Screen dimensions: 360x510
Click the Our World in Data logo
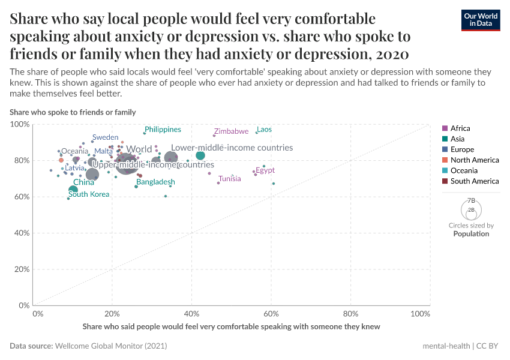(481, 20)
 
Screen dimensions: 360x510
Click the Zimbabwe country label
(231, 131)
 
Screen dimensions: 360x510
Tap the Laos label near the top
(264, 129)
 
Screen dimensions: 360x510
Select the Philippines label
(163, 129)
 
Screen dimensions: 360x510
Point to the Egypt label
(265, 170)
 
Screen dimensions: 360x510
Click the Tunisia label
(230, 178)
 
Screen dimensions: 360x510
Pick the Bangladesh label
(155, 182)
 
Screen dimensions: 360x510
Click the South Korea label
(89, 194)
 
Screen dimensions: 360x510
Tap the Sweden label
(105, 137)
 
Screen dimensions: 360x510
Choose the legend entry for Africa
(460, 128)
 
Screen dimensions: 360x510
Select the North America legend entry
(474, 160)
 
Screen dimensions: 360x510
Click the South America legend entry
(474, 181)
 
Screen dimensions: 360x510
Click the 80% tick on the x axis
(350, 313)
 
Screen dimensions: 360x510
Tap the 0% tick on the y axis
(23, 305)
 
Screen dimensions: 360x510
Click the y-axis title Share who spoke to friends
(73, 112)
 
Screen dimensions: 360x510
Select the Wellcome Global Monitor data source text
(110, 346)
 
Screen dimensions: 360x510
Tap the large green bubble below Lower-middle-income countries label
(200, 155)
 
